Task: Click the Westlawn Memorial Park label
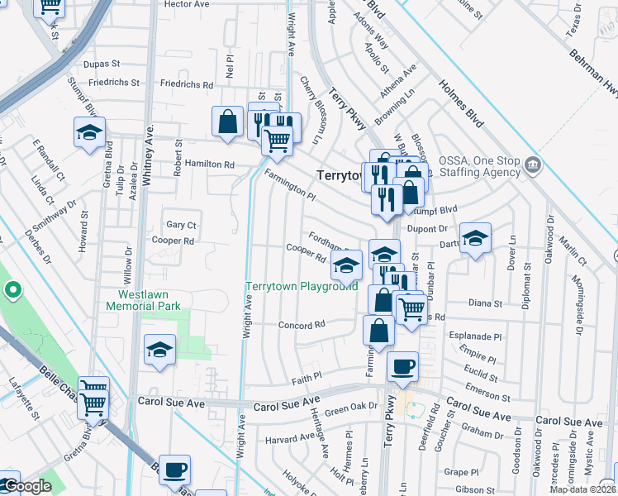pyautogui.click(x=138, y=299)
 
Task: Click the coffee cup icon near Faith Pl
pyautogui.click(x=402, y=367)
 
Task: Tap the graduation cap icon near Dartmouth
pyautogui.click(x=475, y=238)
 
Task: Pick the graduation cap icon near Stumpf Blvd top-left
pyautogui.click(x=89, y=132)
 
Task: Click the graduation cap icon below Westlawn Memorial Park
pyautogui.click(x=159, y=350)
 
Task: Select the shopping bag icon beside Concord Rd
pyautogui.click(x=378, y=330)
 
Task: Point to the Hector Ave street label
pyautogui.click(x=187, y=4)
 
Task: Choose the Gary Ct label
pyautogui.click(x=181, y=225)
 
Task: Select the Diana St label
pyautogui.click(x=485, y=303)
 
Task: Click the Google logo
pyautogui.click(x=27, y=487)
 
